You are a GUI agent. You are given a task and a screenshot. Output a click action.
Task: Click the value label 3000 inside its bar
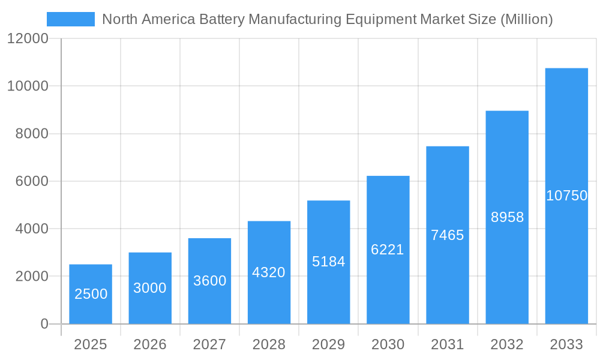149,288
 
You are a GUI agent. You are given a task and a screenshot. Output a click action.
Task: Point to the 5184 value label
328,262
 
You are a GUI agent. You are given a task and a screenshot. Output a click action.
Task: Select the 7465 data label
447,235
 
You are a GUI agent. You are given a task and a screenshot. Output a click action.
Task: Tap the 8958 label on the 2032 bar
507,217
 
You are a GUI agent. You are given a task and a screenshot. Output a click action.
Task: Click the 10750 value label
566,196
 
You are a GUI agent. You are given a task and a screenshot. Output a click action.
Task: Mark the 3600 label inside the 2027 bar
209,281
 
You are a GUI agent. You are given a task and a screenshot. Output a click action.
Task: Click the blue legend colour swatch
71,19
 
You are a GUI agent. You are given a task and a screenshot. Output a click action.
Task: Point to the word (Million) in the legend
526,19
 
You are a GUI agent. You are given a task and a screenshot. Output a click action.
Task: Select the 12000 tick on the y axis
28,39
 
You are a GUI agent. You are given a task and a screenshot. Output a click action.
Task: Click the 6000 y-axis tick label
31,181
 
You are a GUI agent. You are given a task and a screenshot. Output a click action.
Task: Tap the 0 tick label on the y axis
44,324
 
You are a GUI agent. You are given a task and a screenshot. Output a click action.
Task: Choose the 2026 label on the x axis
150,344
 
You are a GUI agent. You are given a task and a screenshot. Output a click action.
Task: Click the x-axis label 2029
328,344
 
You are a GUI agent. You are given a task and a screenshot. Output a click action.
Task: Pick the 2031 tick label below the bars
447,344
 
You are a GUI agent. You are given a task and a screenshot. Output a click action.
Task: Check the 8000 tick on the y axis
31,134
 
